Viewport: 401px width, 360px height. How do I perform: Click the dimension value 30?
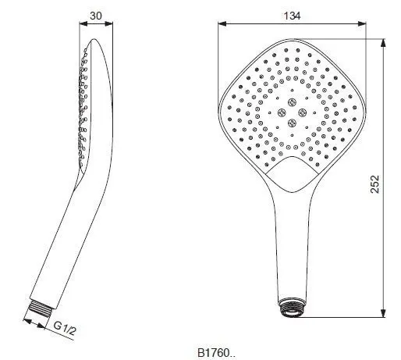click(x=96, y=16)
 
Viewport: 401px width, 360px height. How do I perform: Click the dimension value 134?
click(x=292, y=16)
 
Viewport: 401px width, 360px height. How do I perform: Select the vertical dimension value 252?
click(x=374, y=184)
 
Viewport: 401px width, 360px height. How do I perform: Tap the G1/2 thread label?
click(x=65, y=329)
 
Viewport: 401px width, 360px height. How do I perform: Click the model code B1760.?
click(x=217, y=353)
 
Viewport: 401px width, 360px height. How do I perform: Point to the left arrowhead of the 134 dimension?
click(x=222, y=24)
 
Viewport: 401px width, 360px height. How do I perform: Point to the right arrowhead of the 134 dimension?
click(x=362, y=24)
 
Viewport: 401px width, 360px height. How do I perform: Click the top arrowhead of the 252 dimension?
click(x=383, y=43)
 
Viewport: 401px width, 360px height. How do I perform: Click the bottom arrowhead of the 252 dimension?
click(x=383, y=313)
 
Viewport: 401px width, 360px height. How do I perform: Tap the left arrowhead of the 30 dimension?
click(x=83, y=24)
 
